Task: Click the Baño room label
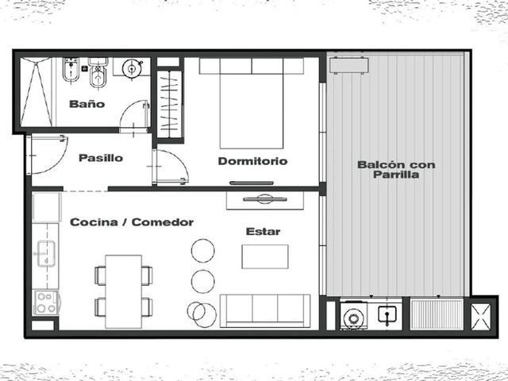point(87,104)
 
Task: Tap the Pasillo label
point(101,158)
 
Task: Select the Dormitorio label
point(252,161)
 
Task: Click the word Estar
point(263,231)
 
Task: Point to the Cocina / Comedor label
point(132,222)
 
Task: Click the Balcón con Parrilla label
point(396,169)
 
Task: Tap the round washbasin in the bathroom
point(133,68)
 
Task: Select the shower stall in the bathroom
point(36,92)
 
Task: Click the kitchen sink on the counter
point(46,254)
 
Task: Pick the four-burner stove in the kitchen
point(46,303)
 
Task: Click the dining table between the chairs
point(124,291)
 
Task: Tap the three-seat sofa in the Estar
point(265,310)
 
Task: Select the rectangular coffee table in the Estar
point(265,256)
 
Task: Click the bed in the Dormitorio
point(252,104)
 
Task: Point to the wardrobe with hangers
point(169,104)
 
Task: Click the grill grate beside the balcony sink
point(437,314)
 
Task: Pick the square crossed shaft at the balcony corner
point(481,317)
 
